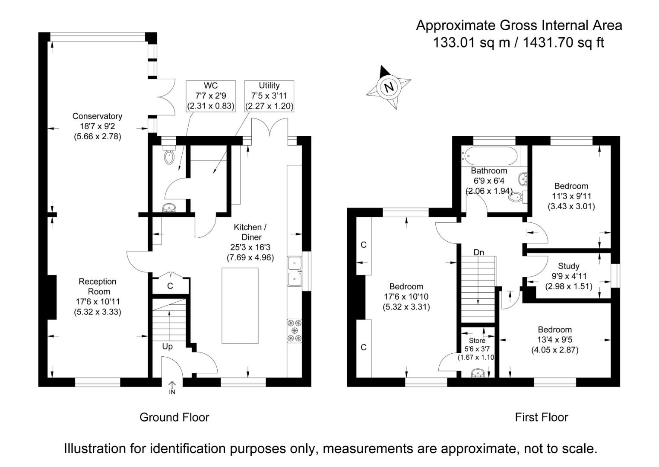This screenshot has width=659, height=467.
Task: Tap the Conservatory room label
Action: [x=97, y=116]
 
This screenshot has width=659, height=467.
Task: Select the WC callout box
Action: [x=210, y=96]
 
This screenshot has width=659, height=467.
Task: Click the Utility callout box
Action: [x=269, y=96]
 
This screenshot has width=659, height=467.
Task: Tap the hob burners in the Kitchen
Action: [x=295, y=331]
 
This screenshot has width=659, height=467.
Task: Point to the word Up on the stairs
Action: [x=167, y=347]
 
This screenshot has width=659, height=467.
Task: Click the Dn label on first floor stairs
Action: [x=478, y=253]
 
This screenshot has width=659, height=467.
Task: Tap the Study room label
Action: [x=568, y=266]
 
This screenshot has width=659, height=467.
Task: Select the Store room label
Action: [x=477, y=341]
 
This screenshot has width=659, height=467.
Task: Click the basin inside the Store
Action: [x=478, y=373]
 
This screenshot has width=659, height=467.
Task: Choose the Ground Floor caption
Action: [x=174, y=417]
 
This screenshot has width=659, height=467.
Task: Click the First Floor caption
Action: [x=541, y=417]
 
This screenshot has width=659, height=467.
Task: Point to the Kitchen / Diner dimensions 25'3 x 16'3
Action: [x=250, y=247]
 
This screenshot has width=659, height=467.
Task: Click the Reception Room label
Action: [x=97, y=286]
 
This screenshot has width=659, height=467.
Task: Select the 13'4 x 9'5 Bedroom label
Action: [x=554, y=340]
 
